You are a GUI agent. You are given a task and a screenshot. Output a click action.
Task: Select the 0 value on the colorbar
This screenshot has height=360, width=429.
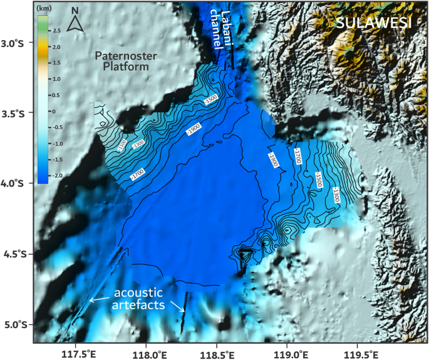[54, 111]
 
